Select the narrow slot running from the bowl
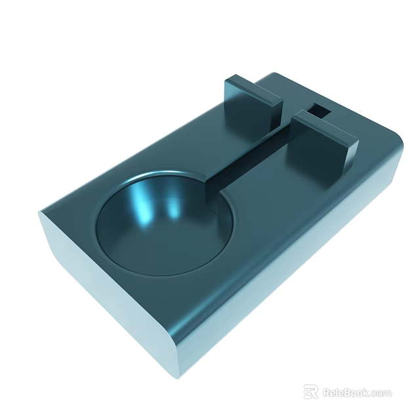click(249, 157)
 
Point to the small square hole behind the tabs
click(320, 109)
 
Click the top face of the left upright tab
click(252, 89)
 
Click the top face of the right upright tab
click(324, 127)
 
